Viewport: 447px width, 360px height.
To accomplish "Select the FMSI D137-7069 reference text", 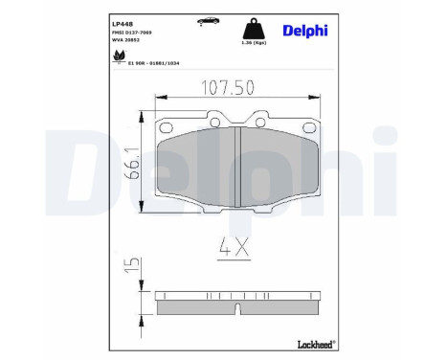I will pos(131,32).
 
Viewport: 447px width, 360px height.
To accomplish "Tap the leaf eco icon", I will pos(118,56).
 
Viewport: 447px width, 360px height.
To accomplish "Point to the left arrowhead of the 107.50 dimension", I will pos(159,98).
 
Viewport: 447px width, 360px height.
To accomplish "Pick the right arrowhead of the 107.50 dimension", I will pos(317,98).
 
